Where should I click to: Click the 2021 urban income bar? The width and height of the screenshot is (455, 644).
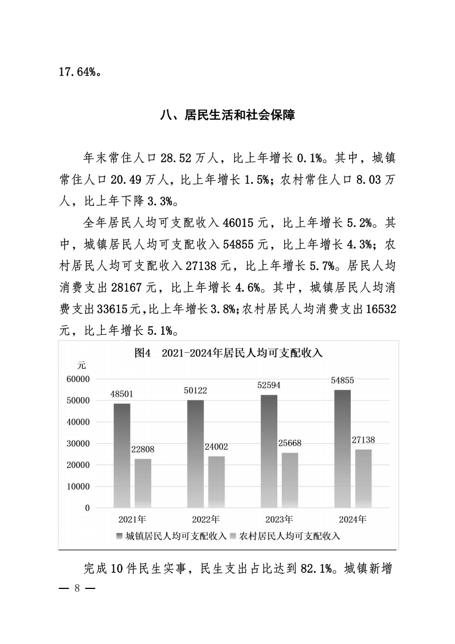[x=121, y=455]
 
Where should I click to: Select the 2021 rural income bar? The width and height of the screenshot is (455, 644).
[x=143, y=483]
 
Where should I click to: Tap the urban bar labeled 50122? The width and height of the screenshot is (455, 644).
[x=195, y=454]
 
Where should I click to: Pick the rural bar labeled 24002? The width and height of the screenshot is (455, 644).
[x=217, y=482]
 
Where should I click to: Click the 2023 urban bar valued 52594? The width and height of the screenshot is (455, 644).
[x=269, y=451]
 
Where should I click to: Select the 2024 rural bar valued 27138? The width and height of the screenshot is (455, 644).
[x=363, y=478]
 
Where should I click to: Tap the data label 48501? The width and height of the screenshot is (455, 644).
[x=121, y=394]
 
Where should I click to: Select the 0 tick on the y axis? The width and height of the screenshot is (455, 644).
[x=88, y=508]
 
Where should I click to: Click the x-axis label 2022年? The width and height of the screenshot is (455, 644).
[x=206, y=520]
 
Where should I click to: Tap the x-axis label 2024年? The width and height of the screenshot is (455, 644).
[x=352, y=520]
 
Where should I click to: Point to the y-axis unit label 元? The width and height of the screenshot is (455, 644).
[x=82, y=365]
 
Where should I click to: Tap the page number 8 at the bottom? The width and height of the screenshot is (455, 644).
[x=76, y=589]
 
